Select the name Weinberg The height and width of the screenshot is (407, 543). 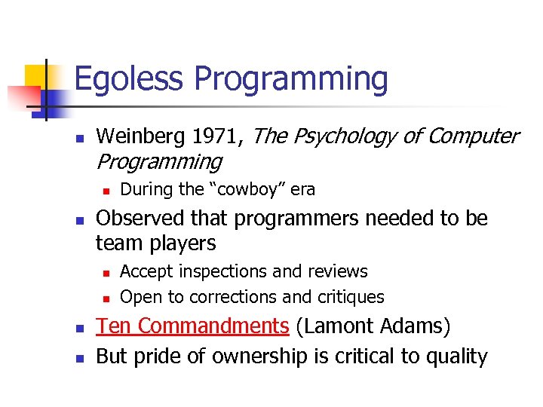click(x=143, y=136)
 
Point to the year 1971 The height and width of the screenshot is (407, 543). click(x=219, y=136)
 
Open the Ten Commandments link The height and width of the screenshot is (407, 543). click(x=192, y=326)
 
